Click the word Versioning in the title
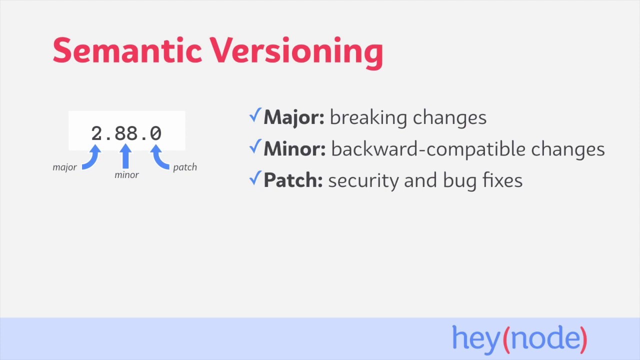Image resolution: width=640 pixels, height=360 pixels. pyautogui.click(x=296, y=52)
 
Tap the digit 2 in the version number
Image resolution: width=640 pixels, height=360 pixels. pyautogui.click(x=96, y=133)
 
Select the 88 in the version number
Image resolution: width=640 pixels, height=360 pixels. pyautogui.click(x=126, y=133)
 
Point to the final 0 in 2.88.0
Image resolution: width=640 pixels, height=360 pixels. pyautogui.click(x=155, y=133)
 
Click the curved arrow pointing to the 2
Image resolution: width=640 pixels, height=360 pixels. pyautogui.click(x=91, y=158)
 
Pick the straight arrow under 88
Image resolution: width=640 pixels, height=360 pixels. pyautogui.click(x=126, y=156)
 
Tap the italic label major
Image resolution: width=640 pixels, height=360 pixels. pyautogui.click(x=64, y=167)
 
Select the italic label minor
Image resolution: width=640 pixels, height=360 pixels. pyautogui.click(x=126, y=175)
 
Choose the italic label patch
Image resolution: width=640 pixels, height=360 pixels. pyautogui.click(x=185, y=167)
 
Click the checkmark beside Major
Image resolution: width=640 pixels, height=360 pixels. pyautogui.click(x=255, y=116)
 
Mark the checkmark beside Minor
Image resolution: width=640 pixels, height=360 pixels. pyautogui.click(x=255, y=147)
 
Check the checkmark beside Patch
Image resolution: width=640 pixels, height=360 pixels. pyautogui.click(x=255, y=178)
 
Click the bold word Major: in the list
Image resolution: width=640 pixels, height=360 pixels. pyautogui.click(x=294, y=118)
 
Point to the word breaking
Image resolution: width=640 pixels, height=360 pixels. pyautogui.click(x=368, y=118)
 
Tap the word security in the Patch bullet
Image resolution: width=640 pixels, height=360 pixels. pyautogui.click(x=363, y=180)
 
